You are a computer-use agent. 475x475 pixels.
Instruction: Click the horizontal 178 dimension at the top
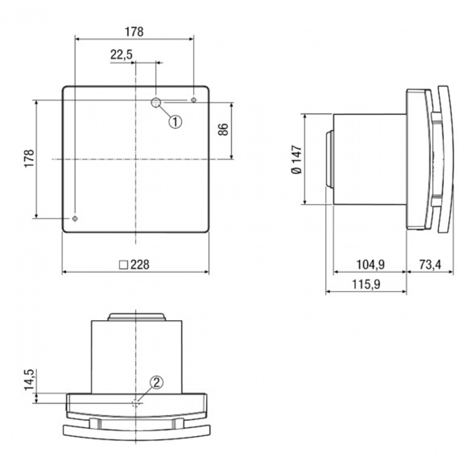click(134, 32)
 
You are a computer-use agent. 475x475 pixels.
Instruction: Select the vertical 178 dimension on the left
click(29, 158)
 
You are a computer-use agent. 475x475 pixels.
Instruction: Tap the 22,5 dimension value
click(121, 55)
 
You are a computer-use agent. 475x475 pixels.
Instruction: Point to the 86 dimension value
click(223, 129)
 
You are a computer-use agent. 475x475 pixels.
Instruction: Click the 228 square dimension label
click(134, 265)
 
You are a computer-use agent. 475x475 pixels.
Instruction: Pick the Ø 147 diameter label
click(296, 160)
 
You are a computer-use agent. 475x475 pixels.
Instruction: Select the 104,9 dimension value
click(370, 265)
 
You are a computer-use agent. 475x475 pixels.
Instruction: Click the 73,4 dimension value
click(430, 265)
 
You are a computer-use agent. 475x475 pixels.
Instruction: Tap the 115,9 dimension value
click(366, 284)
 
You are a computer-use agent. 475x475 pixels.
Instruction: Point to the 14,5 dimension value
click(29, 380)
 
